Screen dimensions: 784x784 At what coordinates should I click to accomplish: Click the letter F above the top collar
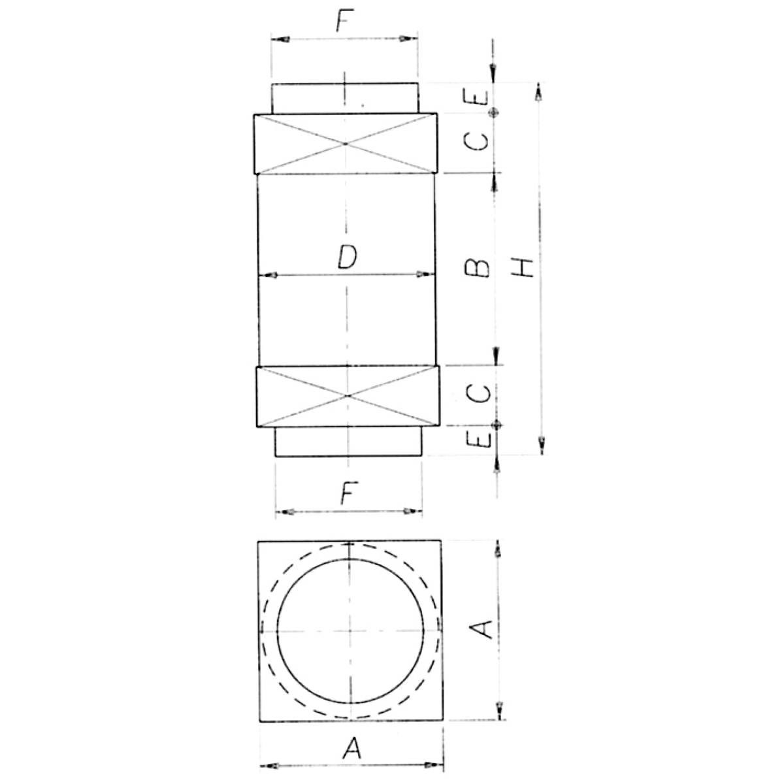point(344,20)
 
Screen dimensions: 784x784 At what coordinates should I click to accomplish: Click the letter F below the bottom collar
point(349,493)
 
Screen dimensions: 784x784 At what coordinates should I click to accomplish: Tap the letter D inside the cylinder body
point(347,257)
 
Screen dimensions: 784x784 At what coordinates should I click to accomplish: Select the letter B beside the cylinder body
point(477,268)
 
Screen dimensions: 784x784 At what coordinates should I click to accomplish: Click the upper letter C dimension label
point(476,142)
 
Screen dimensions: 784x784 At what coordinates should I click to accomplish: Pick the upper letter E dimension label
point(476,97)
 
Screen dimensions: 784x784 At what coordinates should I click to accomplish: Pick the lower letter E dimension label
point(480,440)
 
